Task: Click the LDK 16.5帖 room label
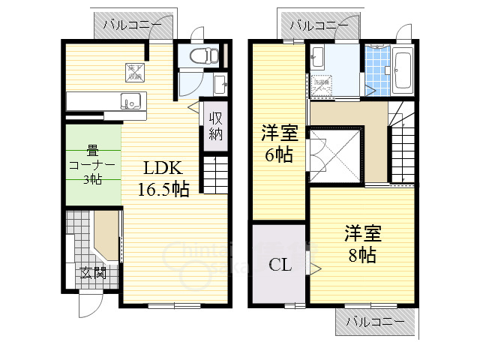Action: [x=162, y=178]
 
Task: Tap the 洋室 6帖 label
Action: [x=279, y=145]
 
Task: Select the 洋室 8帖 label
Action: [x=362, y=243]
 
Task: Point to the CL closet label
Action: [x=279, y=264]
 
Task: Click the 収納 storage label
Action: [x=215, y=126]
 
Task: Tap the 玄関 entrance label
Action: [x=94, y=272]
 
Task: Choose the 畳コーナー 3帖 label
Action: [x=91, y=164]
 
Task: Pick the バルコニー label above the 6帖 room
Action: [x=319, y=24]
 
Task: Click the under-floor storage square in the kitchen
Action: [x=133, y=71]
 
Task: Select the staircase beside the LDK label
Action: [x=214, y=175]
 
